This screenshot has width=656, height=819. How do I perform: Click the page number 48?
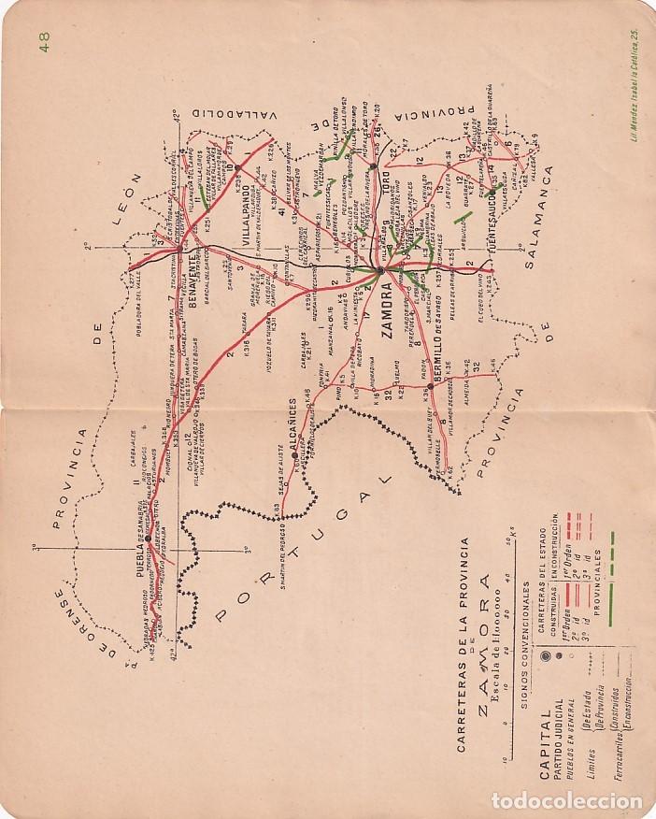43,40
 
